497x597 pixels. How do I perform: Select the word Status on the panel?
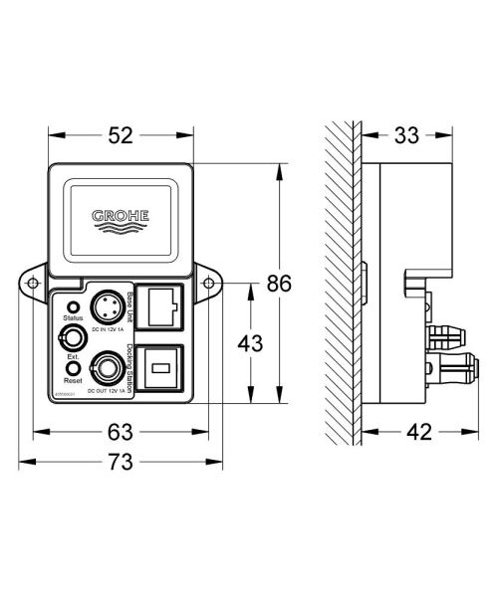coord(73,318)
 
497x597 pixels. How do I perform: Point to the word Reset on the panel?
coord(73,381)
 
